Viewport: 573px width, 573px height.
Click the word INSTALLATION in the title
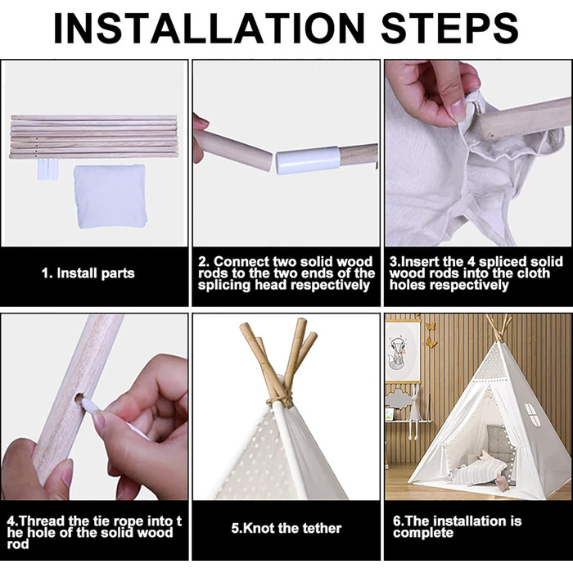tap(209, 29)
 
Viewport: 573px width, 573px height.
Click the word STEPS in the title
tap(450, 29)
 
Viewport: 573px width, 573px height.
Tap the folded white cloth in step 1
tap(110, 196)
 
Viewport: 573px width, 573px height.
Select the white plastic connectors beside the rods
tap(47, 169)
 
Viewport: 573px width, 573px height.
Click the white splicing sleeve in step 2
tap(308, 160)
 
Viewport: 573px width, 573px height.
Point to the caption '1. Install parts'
tap(88, 273)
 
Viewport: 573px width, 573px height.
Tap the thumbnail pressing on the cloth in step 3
tap(458, 110)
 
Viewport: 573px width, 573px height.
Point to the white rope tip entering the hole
tap(87, 405)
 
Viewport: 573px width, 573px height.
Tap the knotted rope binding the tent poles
tap(281, 399)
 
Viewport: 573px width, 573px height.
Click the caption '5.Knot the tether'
tap(286, 528)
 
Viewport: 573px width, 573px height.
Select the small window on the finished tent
tap(533, 414)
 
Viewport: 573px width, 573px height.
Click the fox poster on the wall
tap(402, 352)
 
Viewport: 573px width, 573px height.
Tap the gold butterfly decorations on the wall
tap(431, 334)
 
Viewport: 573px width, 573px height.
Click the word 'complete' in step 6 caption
tap(423, 533)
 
